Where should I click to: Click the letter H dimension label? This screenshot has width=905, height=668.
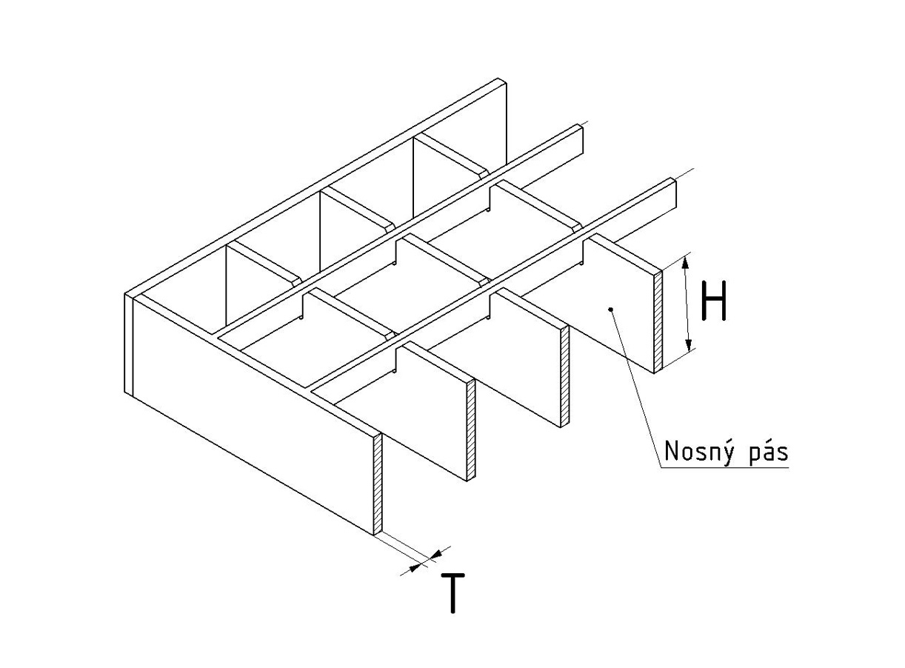pos(713,301)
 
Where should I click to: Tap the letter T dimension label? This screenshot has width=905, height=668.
pos(452,593)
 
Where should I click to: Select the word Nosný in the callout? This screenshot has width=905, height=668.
pos(698,450)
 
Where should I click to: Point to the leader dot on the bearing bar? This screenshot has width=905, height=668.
pos(610,309)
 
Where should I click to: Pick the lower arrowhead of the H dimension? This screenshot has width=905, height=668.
pos(689,344)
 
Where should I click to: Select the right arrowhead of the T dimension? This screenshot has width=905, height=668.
pos(437,554)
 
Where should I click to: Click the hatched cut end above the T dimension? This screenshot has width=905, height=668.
pos(378,484)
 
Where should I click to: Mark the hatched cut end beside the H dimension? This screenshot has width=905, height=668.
pos(658,321)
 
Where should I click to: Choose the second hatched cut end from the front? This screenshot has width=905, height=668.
pos(471,430)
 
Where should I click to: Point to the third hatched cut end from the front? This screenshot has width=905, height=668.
pos(565,376)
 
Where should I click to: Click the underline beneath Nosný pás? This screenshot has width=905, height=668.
pos(724,467)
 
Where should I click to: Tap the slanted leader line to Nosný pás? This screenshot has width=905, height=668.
pos(635,388)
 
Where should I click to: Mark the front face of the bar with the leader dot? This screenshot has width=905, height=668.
pos(619,305)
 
